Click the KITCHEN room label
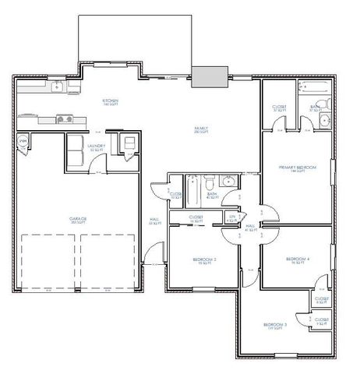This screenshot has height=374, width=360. click(x=111, y=101)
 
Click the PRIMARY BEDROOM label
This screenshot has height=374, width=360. click(x=295, y=168)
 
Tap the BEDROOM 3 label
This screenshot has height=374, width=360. click(x=275, y=324)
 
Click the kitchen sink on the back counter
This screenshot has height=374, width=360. click(x=57, y=87)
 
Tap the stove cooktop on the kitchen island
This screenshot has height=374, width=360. click(x=65, y=119)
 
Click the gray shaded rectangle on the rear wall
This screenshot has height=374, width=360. click(x=210, y=76)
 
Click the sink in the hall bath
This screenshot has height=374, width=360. click(x=228, y=182)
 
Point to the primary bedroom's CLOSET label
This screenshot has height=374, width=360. click(x=279, y=108)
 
